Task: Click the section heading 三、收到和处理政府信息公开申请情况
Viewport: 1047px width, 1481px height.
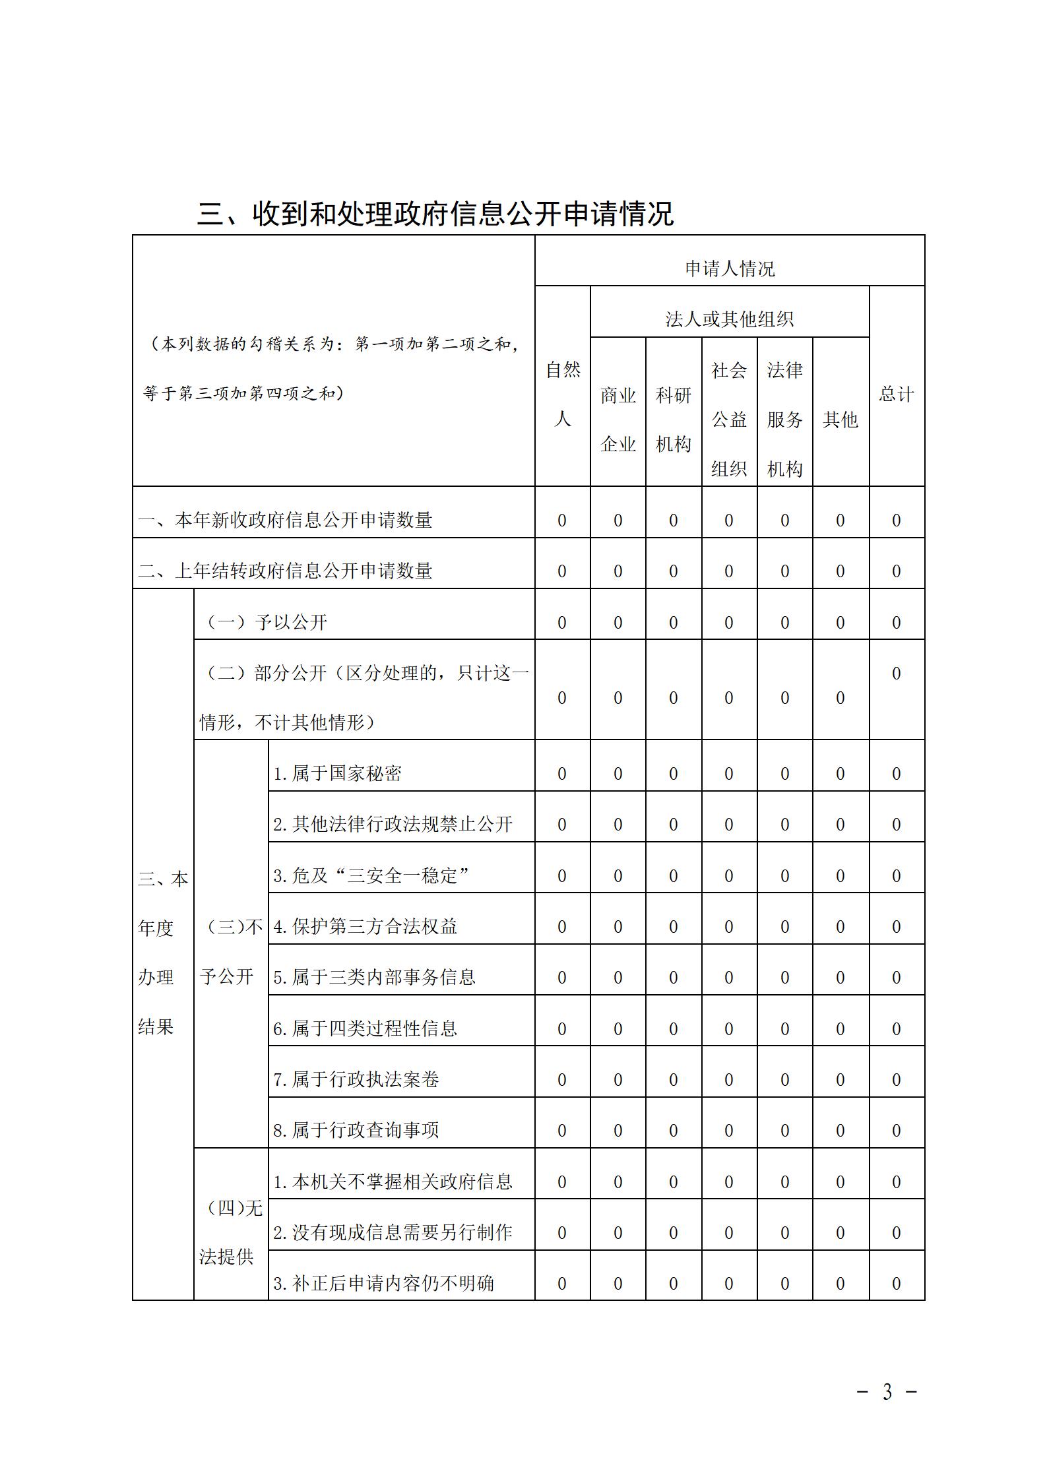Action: click(x=435, y=214)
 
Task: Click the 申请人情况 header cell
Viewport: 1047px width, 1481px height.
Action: click(x=729, y=268)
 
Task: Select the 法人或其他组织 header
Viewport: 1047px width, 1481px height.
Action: click(x=729, y=319)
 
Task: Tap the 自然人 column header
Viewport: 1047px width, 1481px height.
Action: click(x=562, y=394)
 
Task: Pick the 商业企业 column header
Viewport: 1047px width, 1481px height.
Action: click(x=618, y=420)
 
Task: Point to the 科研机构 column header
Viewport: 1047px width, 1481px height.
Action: click(x=673, y=420)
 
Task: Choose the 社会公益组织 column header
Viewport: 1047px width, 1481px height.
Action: click(x=729, y=420)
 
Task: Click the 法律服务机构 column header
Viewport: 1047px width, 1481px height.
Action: click(x=784, y=420)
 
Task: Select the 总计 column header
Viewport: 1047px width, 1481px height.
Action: click(x=896, y=394)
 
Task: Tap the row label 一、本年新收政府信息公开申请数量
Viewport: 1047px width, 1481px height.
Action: click(x=285, y=520)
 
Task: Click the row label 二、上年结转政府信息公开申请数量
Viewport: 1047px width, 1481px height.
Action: click(x=285, y=571)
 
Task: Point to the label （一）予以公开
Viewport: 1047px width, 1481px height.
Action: click(x=267, y=622)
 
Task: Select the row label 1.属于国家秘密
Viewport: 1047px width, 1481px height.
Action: click(x=337, y=773)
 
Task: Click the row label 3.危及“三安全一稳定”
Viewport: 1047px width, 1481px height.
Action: click(x=371, y=875)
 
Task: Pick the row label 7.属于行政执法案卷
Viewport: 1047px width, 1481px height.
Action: click(x=356, y=1079)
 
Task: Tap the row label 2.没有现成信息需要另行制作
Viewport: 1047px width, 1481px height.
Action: click(x=393, y=1232)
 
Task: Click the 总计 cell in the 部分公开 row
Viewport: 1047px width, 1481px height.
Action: click(x=896, y=674)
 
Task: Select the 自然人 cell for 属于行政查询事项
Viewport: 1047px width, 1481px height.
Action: click(x=562, y=1131)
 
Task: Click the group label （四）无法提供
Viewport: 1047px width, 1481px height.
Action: click(x=231, y=1232)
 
